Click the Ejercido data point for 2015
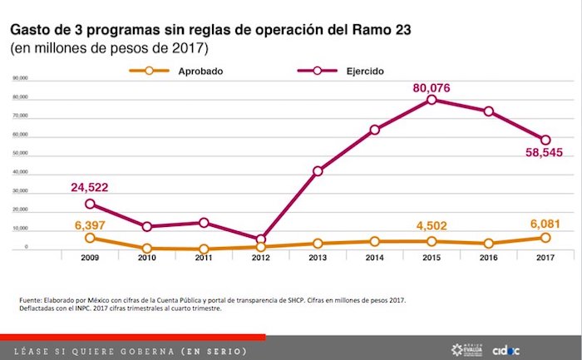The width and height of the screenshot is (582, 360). click(432, 100)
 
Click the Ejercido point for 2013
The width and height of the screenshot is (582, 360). click(318, 171)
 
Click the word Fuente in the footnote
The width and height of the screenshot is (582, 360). click(31, 299)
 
